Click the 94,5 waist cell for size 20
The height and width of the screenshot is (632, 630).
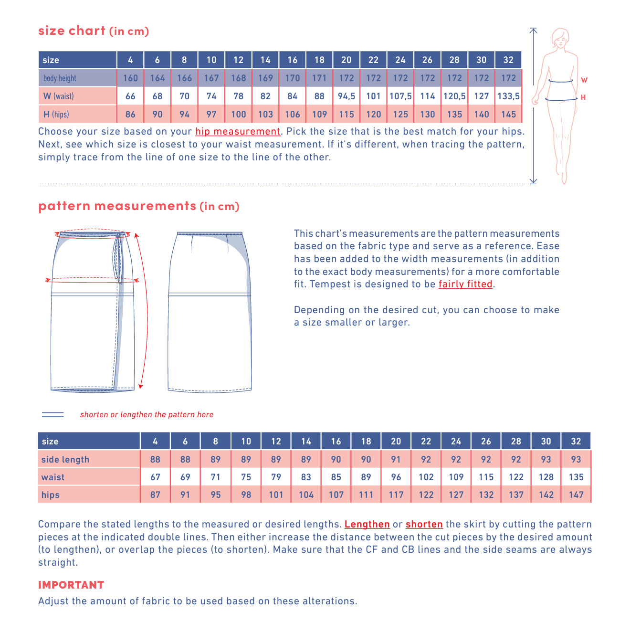click(346, 96)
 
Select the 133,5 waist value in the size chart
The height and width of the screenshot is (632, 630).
click(508, 96)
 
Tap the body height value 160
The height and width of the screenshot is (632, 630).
click(130, 78)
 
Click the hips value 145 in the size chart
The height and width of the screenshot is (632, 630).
click(508, 114)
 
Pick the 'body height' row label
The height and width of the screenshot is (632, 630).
click(60, 78)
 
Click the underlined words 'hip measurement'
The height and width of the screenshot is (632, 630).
click(238, 131)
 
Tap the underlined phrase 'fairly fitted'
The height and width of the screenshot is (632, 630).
click(465, 284)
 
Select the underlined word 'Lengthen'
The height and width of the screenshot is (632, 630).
click(367, 524)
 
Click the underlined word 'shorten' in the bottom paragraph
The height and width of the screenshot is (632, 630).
click(424, 524)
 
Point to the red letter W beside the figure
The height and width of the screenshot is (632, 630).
click(584, 80)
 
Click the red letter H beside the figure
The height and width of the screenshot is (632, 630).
click(583, 97)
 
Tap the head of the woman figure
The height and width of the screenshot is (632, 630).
click(560, 38)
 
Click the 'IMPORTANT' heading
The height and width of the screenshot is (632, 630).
click(71, 585)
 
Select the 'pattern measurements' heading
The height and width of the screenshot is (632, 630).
click(117, 206)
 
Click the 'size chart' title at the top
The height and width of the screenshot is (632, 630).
click(72, 31)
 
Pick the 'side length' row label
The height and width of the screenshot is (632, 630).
click(65, 459)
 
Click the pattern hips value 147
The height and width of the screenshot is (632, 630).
click(576, 495)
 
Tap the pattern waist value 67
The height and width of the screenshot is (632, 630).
click(155, 477)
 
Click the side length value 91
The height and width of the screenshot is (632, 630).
click(396, 459)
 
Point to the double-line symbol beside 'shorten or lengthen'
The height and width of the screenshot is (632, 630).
click(53, 414)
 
